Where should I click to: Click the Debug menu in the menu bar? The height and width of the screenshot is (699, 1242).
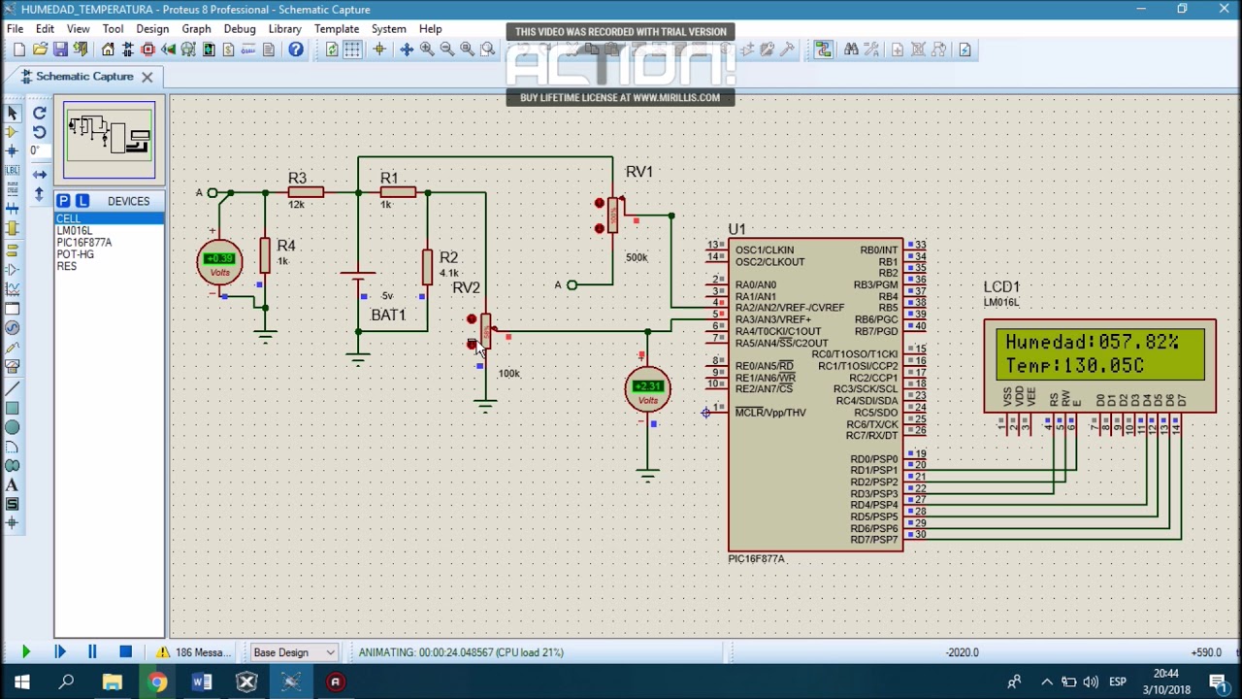point(239,29)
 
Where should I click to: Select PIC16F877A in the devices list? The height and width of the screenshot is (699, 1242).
point(83,243)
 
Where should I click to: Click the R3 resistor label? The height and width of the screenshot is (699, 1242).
point(297,179)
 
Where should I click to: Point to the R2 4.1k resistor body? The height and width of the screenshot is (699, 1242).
point(427,266)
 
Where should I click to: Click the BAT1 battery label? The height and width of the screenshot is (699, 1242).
point(388,315)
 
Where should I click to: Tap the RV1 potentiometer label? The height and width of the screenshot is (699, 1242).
point(638,172)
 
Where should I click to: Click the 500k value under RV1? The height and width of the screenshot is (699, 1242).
point(637,257)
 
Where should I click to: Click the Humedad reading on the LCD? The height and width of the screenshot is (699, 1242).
point(1092,343)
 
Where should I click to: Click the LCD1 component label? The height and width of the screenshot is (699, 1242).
point(1001,287)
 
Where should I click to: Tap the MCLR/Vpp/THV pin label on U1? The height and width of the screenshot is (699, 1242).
point(770,413)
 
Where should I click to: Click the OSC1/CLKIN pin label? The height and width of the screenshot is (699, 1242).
point(764,250)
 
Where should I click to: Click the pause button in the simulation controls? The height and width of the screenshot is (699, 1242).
point(92,652)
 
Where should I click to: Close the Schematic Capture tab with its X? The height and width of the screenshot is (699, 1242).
point(147,77)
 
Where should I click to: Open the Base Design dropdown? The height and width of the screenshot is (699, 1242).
point(293,652)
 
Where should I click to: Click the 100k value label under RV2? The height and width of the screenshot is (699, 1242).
point(508,374)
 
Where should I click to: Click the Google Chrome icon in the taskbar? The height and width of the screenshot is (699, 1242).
point(157,682)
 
